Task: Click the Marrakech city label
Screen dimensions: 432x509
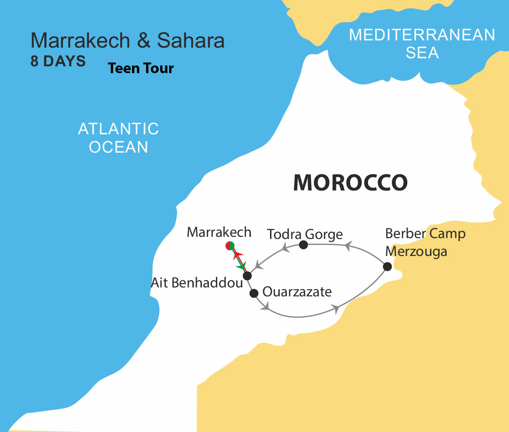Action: pos(219,233)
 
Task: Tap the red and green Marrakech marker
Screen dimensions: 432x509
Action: pos(230,246)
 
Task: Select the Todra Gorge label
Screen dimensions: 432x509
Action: pos(305,234)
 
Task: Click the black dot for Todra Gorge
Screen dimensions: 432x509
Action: pos(303,244)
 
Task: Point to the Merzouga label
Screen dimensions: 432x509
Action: pos(416,251)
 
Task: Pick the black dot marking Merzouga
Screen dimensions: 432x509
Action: pos(387,267)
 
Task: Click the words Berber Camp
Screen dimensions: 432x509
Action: pos(425,233)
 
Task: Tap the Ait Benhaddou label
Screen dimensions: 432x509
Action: pos(197,283)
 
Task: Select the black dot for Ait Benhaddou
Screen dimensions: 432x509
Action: pos(247,276)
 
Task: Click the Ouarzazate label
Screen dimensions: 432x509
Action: pos(297,292)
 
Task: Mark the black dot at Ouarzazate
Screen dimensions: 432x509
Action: pos(254,293)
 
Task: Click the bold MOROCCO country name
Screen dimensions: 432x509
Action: pos(350,183)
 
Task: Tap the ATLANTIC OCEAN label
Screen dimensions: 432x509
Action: pos(118,138)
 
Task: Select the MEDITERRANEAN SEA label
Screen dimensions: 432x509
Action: pos(422,43)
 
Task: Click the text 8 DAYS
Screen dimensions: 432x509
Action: pos(58,62)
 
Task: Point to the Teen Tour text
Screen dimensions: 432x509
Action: pos(141,68)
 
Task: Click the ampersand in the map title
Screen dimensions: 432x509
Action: pos(144,41)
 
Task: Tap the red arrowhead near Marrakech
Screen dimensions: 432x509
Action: pos(237,255)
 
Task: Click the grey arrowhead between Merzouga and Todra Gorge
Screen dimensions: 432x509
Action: pos(348,246)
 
